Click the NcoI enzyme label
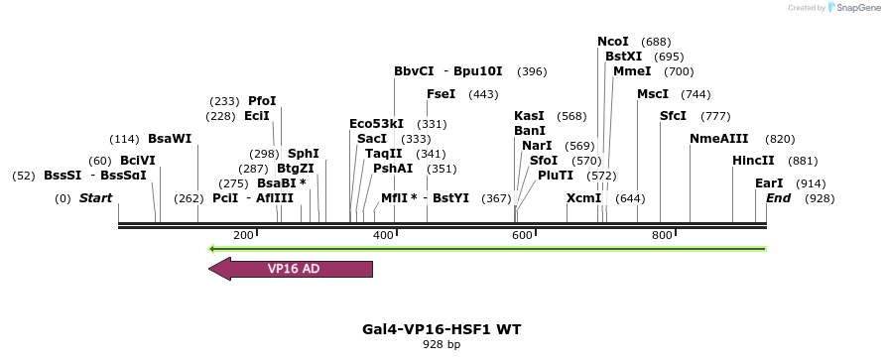tap(612, 42)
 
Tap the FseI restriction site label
tap(441, 94)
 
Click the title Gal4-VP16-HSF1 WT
tap(442, 329)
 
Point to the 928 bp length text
tap(442, 345)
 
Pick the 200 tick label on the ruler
tap(243, 235)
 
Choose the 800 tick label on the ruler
tap(662, 235)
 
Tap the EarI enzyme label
tap(769, 183)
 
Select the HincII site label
tap(753, 161)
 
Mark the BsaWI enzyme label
tap(169, 139)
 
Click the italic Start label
tap(95, 198)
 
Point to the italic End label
tap(778, 198)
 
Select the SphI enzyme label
tap(303, 154)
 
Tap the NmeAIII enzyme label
tap(718, 139)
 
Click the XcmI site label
tap(583, 198)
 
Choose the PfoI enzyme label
tap(262, 101)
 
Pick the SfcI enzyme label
tap(673, 116)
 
